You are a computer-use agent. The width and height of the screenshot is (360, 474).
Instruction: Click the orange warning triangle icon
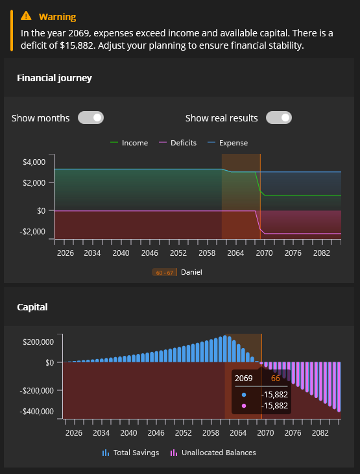coord(25,16)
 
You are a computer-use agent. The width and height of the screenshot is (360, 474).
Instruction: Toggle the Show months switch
coord(91,118)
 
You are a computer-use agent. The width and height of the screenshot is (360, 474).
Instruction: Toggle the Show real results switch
coord(279,118)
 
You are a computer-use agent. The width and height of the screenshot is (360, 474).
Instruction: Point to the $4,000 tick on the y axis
coord(34,162)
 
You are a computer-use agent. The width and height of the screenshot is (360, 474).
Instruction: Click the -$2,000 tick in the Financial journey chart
coord(32,231)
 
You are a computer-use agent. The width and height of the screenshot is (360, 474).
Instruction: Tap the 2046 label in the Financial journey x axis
coord(150,252)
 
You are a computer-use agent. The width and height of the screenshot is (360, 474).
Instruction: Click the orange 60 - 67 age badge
coord(164,272)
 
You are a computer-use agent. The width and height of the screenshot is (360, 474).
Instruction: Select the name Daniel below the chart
coord(191,272)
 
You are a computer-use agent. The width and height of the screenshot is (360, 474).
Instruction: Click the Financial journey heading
coord(54,78)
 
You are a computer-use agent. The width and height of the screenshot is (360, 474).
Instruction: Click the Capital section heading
coord(32,307)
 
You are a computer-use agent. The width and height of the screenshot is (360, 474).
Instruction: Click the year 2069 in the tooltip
coord(244,378)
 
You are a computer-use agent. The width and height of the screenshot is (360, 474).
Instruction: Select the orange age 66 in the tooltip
coord(275,378)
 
